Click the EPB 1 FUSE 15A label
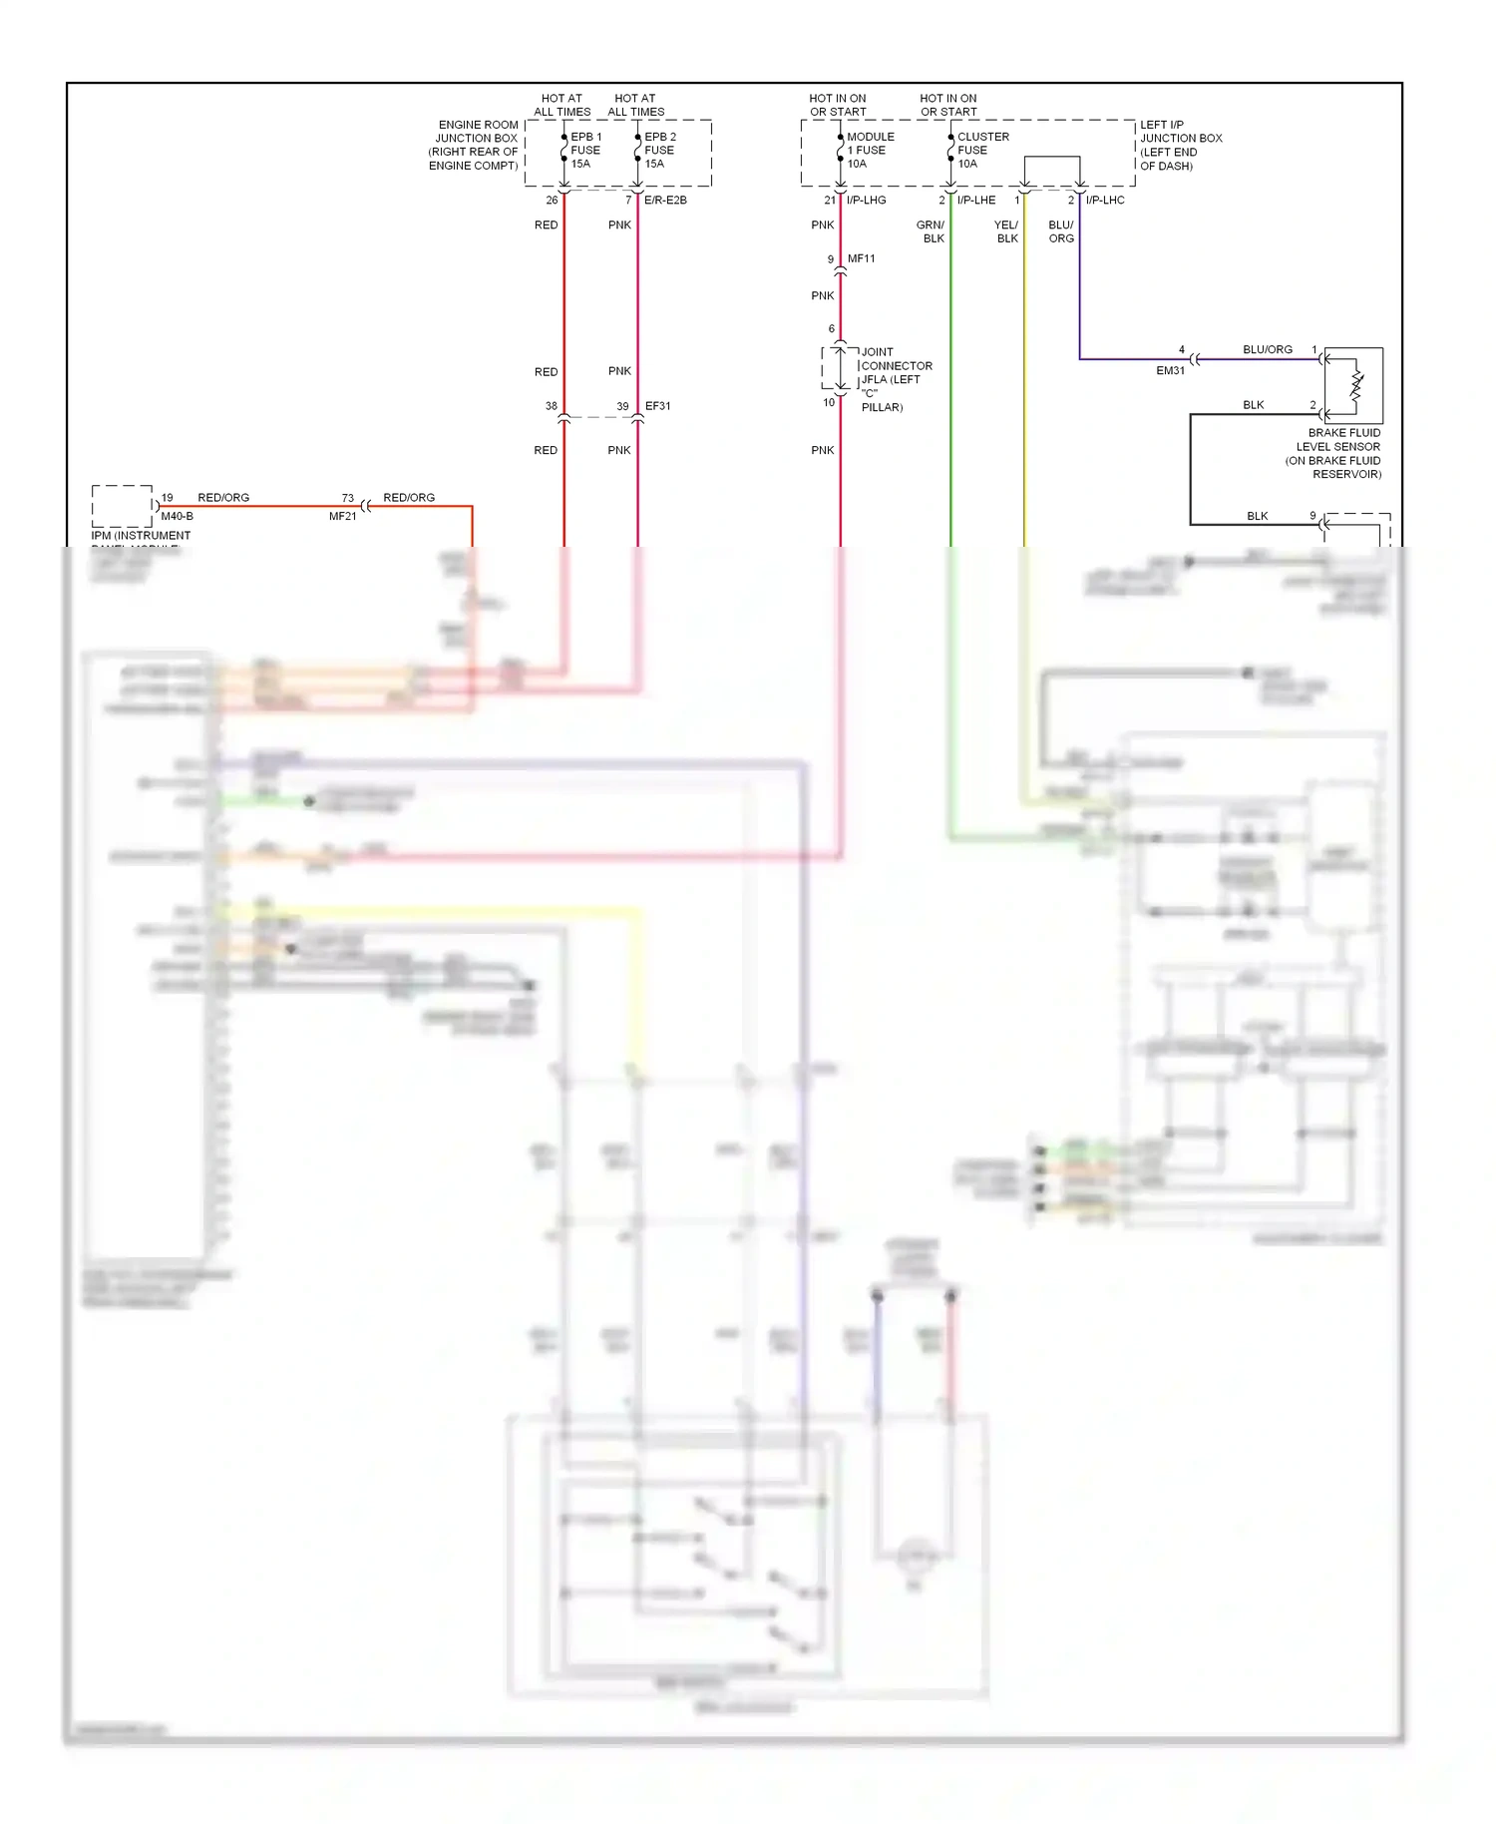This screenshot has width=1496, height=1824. tap(585, 151)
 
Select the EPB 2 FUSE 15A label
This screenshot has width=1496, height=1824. tap(659, 151)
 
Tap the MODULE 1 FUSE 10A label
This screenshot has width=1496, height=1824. tap(870, 151)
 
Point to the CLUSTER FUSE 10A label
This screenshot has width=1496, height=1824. tap(982, 151)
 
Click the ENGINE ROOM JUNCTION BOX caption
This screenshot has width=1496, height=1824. tap(474, 146)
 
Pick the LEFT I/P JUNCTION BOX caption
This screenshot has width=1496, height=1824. tap(1180, 146)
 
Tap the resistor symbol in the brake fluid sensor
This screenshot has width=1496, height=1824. tap(1355, 385)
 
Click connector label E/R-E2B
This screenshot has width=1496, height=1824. tap(665, 201)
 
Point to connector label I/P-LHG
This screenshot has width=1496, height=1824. tap(866, 201)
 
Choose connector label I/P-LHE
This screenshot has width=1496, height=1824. tap(975, 201)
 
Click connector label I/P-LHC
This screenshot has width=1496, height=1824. tap(1105, 201)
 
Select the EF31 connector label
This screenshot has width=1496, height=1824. tap(657, 406)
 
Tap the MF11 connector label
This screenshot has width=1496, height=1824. tap(861, 258)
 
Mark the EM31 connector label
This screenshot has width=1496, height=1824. tap(1170, 370)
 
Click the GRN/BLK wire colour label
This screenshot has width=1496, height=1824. tap(931, 231)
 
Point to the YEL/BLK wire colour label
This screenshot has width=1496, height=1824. tap(1006, 231)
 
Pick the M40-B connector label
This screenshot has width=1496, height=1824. tap(177, 516)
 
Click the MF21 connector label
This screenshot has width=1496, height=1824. tap(342, 516)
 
